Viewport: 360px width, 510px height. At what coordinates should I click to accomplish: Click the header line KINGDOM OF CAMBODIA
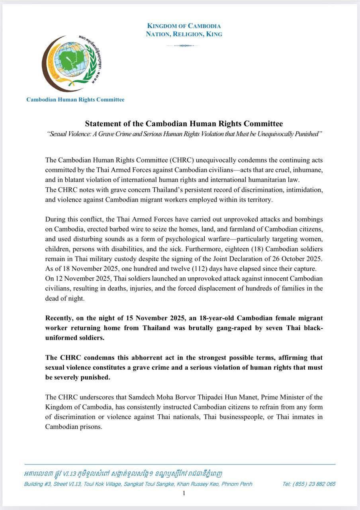point(184,26)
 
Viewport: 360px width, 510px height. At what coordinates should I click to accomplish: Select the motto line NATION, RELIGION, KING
point(184,34)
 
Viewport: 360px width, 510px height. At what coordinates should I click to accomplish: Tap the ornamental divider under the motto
point(184,45)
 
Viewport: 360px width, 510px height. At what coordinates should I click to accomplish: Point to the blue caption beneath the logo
point(75,100)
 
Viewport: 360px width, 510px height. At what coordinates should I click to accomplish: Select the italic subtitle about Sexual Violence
point(184,134)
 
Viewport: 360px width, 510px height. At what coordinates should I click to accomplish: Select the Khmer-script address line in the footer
point(123,474)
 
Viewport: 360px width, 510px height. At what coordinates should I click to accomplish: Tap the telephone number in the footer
point(309,484)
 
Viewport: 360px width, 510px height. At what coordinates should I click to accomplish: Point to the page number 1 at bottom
point(184,493)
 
